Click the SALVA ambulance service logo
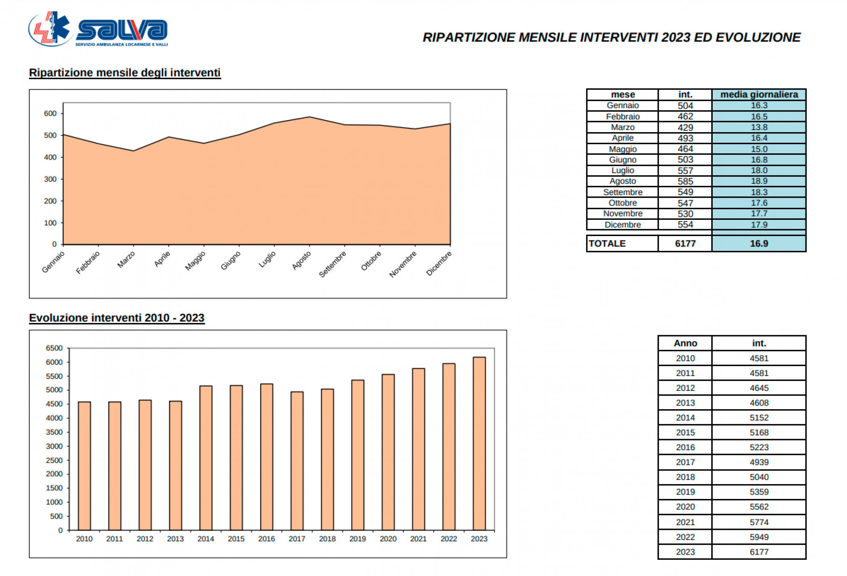pyautogui.click(x=98, y=29)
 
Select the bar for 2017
pyautogui.click(x=297, y=461)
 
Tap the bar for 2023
pyautogui.click(x=479, y=443)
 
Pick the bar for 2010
pyautogui.click(x=84, y=466)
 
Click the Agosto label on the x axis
pyautogui.click(x=302, y=260)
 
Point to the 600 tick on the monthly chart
pyautogui.click(x=50, y=113)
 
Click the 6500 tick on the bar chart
pyautogui.click(x=54, y=348)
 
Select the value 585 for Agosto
pyautogui.click(x=685, y=181)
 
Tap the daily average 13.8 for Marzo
pyautogui.click(x=759, y=127)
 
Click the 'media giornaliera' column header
pyautogui.click(x=759, y=95)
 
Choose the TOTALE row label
pyautogui.click(x=607, y=243)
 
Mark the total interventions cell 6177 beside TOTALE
pyautogui.click(x=685, y=243)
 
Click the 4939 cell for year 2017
pyautogui.click(x=759, y=462)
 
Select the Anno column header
pyautogui.click(x=685, y=343)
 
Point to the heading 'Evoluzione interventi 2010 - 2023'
pyautogui.click(x=117, y=318)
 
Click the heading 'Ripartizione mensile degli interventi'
pyautogui.click(x=124, y=73)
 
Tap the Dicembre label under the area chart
pyautogui.click(x=439, y=263)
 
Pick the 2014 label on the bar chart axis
pyautogui.click(x=206, y=539)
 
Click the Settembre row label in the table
pyautogui.click(x=622, y=192)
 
